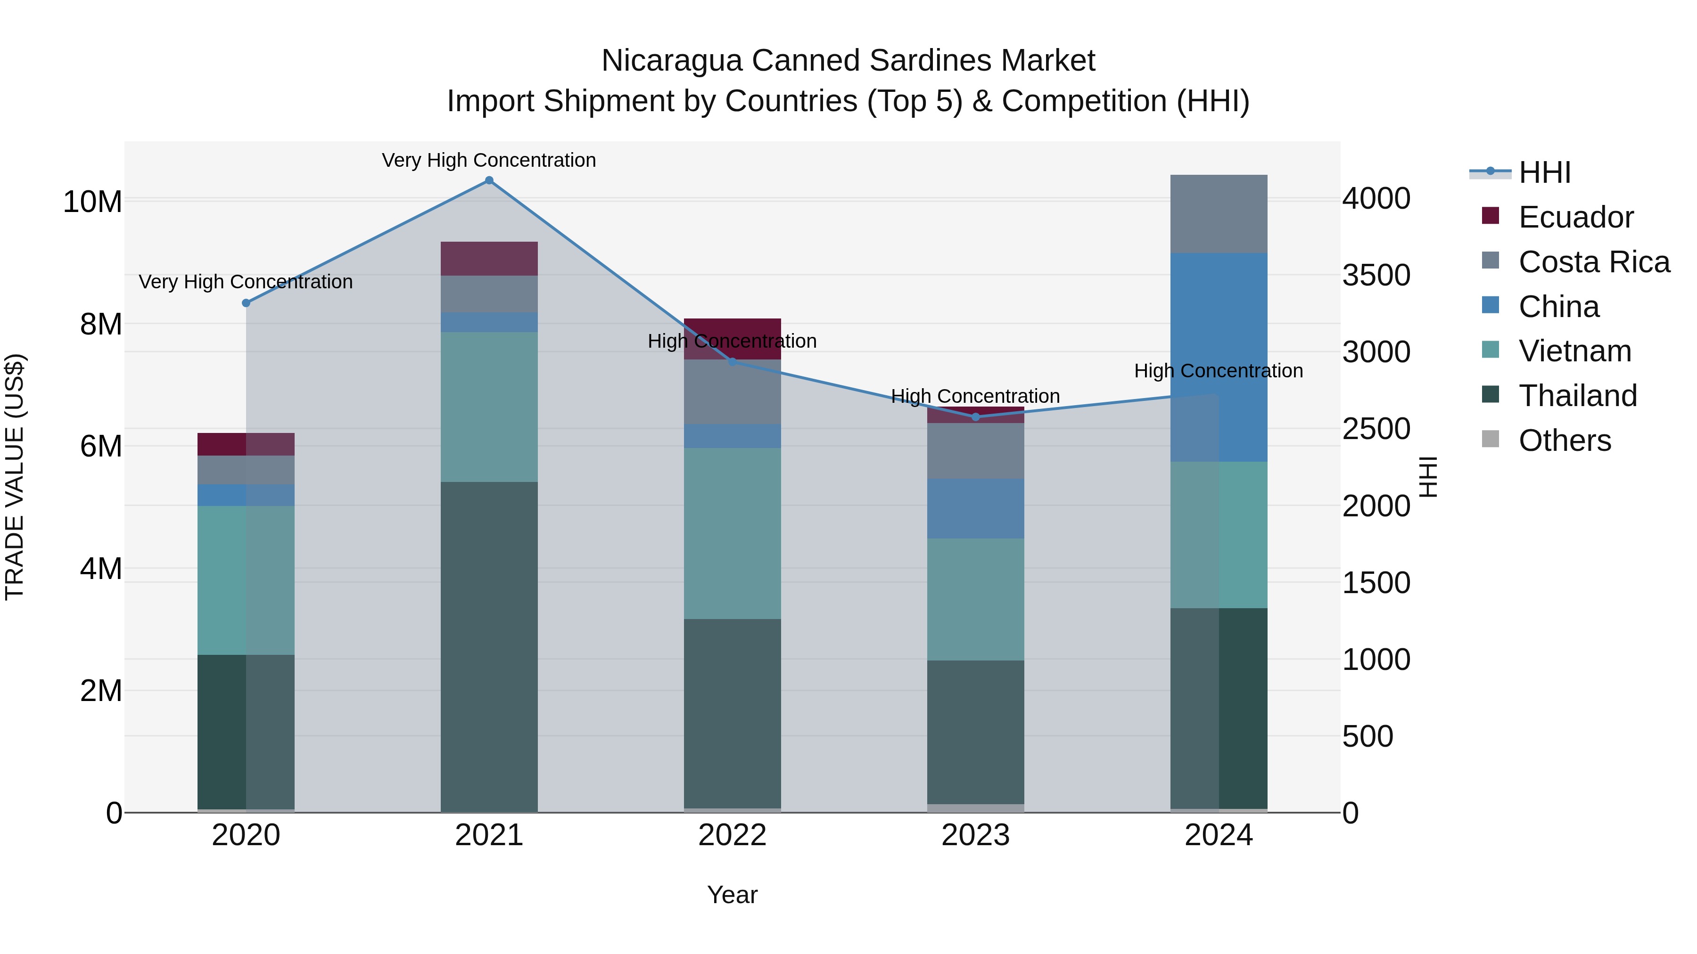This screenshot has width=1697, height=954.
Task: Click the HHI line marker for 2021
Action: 489,180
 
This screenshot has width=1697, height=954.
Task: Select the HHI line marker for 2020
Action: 246,303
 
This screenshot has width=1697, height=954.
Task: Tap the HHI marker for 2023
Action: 976,417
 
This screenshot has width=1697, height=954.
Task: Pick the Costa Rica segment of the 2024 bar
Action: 1219,213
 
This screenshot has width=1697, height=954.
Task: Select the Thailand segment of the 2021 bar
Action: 489,645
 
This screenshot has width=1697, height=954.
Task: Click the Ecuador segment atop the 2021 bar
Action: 489,258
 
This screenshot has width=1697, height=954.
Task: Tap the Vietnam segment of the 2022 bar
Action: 732,533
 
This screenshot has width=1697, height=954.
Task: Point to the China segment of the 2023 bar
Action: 976,508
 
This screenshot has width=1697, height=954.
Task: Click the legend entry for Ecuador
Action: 1574,217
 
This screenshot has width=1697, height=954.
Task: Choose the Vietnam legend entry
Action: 1574,351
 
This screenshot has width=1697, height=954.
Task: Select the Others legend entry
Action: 1565,440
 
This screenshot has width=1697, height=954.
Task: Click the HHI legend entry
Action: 1544,172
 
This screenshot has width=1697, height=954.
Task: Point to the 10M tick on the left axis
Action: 92,202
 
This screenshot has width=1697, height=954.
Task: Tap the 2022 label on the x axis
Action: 732,835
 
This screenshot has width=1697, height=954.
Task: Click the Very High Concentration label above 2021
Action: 489,160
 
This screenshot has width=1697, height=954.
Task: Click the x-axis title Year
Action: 732,895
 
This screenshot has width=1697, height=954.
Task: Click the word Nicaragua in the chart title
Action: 672,61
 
